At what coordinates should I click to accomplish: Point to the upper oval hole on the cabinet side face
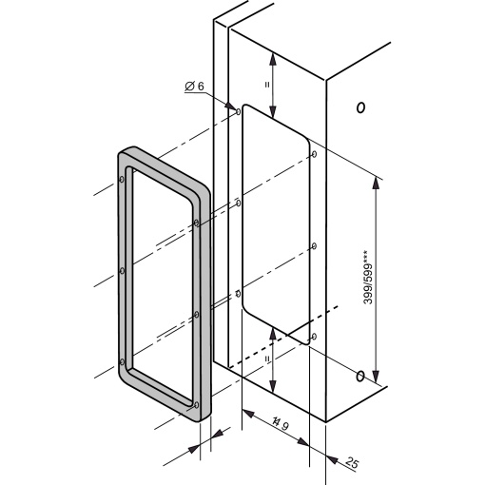click(359, 107)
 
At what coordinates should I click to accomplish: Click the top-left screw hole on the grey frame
click(123, 176)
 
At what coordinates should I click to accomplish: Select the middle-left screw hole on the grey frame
click(123, 269)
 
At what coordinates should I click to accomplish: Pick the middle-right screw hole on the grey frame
click(195, 313)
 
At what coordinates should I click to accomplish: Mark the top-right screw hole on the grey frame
click(195, 223)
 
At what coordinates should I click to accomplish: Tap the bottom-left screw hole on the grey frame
click(123, 361)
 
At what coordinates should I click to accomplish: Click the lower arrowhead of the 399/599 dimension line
click(378, 375)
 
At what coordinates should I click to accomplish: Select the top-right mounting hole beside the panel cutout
click(314, 156)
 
